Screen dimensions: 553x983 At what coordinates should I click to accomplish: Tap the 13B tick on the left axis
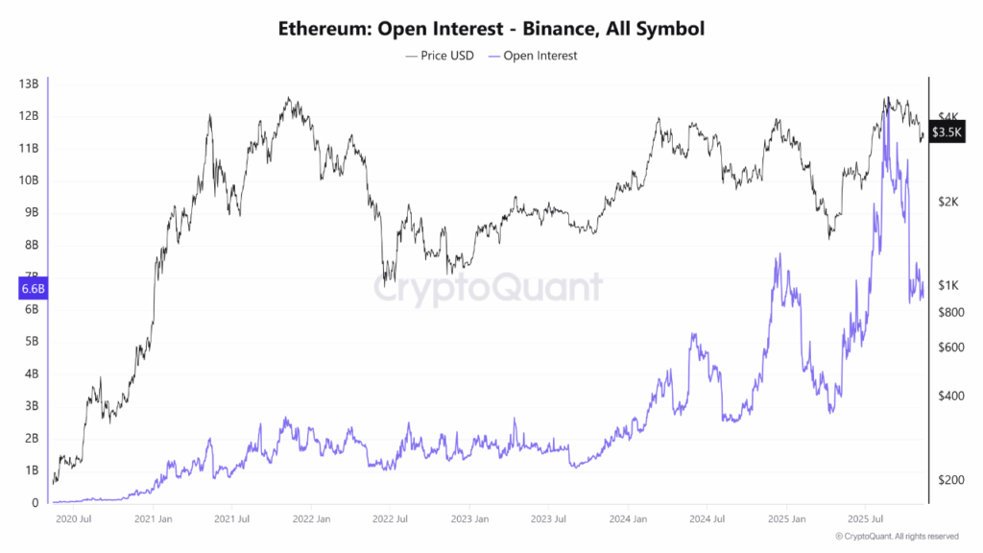pos(28,84)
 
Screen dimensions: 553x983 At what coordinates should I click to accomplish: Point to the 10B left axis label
pos(28,180)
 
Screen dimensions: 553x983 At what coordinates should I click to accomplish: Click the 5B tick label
pos(30,341)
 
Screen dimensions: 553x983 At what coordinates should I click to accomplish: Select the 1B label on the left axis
pos(30,470)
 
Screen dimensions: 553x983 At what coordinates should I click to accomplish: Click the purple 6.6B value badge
pos(31,288)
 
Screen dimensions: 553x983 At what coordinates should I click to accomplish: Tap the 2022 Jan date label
pos(309,519)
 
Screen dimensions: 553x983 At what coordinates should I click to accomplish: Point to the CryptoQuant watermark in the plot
pos(488,286)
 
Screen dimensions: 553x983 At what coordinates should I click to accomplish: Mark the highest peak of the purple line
pos(886,99)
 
